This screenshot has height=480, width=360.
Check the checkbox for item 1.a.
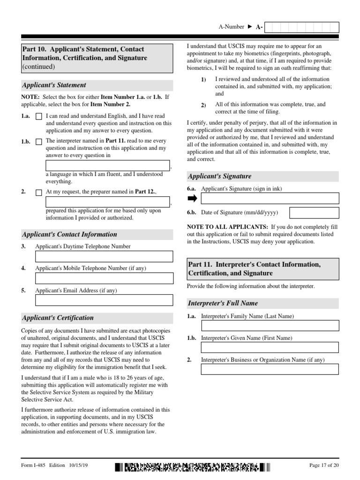[x=38, y=116]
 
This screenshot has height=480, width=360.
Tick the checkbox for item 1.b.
[x=38, y=141]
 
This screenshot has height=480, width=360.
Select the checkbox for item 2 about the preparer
[x=38, y=192]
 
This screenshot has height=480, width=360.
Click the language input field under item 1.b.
[x=107, y=165]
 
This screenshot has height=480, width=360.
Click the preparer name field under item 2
[x=107, y=202]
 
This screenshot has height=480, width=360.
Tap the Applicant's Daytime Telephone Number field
[x=104, y=256]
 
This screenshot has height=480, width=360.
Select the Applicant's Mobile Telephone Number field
[x=104, y=278]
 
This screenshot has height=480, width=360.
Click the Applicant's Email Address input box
[x=104, y=300]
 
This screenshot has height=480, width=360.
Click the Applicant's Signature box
[x=270, y=198]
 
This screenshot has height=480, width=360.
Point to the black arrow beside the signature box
[x=193, y=198]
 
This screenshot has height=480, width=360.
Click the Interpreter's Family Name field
[x=270, y=325]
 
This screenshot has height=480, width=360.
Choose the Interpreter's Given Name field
[x=270, y=347]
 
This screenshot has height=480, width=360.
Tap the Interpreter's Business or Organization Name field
[x=270, y=369]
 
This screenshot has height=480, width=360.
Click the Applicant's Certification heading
[x=58, y=318]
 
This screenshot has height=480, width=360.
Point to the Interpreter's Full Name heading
[x=223, y=303]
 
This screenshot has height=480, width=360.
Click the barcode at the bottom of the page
[x=192, y=467]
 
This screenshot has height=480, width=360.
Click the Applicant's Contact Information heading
[x=70, y=234]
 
